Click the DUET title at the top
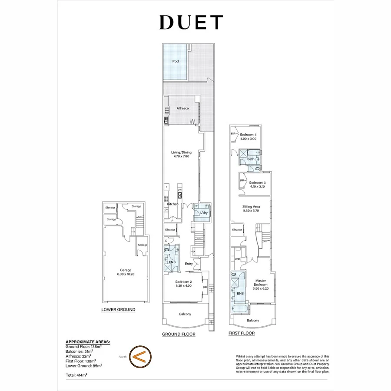click(x=191, y=23)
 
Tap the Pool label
click(x=176, y=61)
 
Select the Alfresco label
click(x=182, y=108)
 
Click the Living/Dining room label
click(x=182, y=152)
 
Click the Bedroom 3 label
click(x=257, y=182)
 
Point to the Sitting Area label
click(x=251, y=207)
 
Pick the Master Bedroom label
click(x=261, y=282)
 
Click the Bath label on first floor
click(x=251, y=159)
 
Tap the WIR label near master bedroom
click(x=237, y=259)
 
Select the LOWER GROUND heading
click(x=118, y=310)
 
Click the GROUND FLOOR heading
click(x=179, y=334)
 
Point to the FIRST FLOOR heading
click(x=242, y=333)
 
